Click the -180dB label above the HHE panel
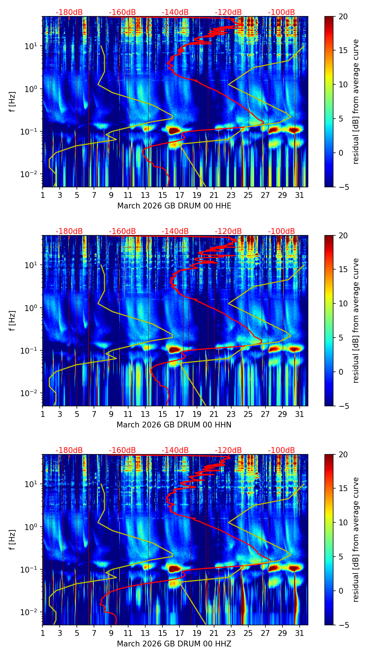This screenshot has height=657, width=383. (x=69, y=12)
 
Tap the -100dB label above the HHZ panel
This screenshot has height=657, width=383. (x=281, y=450)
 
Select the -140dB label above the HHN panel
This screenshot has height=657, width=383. (x=175, y=231)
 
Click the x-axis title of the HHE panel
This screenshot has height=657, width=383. (x=174, y=206)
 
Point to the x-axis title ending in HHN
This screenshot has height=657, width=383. (x=174, y=425)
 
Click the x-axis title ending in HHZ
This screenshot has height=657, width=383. (x=174, y=644)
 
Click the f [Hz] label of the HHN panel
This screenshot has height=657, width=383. (x=12, y=320)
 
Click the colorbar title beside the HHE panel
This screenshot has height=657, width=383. (x=356, y=101)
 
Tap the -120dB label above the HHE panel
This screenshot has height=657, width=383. (x=228, y=12)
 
